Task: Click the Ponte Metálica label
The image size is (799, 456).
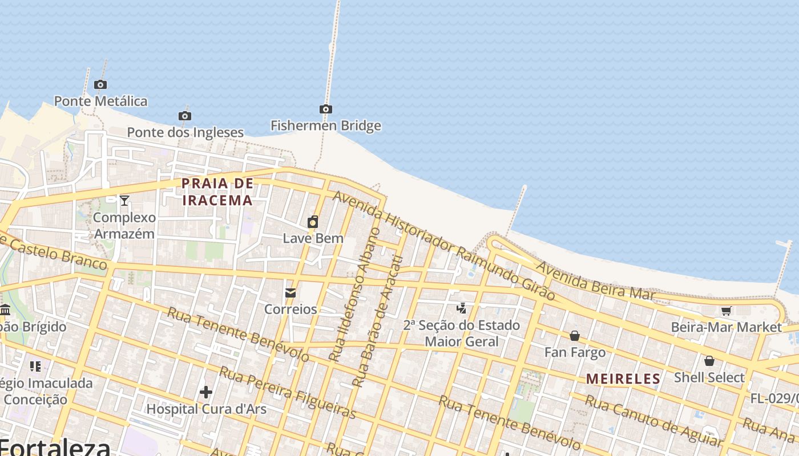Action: pos(100,101)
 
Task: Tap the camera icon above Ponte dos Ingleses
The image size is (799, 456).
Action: pos(184,116)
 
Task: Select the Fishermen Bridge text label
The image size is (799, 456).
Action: pos(325,125)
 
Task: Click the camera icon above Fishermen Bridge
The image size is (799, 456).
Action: pos(325,109)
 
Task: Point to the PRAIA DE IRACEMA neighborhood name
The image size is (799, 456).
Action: pos(217,192)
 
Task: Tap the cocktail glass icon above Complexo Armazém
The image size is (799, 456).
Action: pos(124,200)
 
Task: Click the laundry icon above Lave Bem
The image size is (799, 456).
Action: pos(313,222)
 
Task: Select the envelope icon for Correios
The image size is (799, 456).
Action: pos(290,293)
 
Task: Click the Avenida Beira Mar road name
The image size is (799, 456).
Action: pos(594,281)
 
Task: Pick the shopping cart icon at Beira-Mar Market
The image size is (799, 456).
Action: pos(726,311)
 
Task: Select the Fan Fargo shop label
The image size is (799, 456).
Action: pos(575,352)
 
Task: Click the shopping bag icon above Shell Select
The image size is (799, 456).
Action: pos(709,361)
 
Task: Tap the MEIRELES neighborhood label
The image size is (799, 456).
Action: pos(623,378)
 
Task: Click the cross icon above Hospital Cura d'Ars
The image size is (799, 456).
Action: pos(206,392)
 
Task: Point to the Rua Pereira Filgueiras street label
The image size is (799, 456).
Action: pos(288,393)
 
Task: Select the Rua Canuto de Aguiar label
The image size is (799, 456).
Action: pos(653,420)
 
